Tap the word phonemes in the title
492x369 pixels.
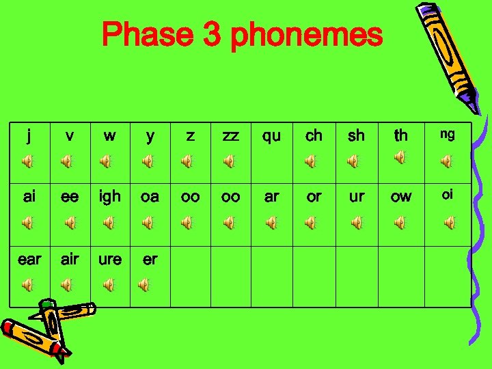click(x=306, y=36)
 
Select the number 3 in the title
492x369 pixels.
click(x=212, y=34)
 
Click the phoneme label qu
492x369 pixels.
click(x=271, y=136)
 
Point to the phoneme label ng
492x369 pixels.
click(x=447, y=135)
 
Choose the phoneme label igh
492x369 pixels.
click(x=109, y=197)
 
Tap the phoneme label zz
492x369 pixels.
click(x=230, y=136)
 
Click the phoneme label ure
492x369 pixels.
click(x=109, y=260)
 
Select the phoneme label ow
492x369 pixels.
click(x=400, y=197)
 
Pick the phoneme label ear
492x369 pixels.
click(x=29, y=260)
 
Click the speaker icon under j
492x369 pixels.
click(x=27, y=162)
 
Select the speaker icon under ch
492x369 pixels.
click(x=311, y=161)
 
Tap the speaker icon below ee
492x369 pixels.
click(x=70, y=223)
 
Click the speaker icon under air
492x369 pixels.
click(x=66, y=284)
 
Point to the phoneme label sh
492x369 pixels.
click(x=356, y=136)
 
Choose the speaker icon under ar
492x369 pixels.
click(x=271, y=223)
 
